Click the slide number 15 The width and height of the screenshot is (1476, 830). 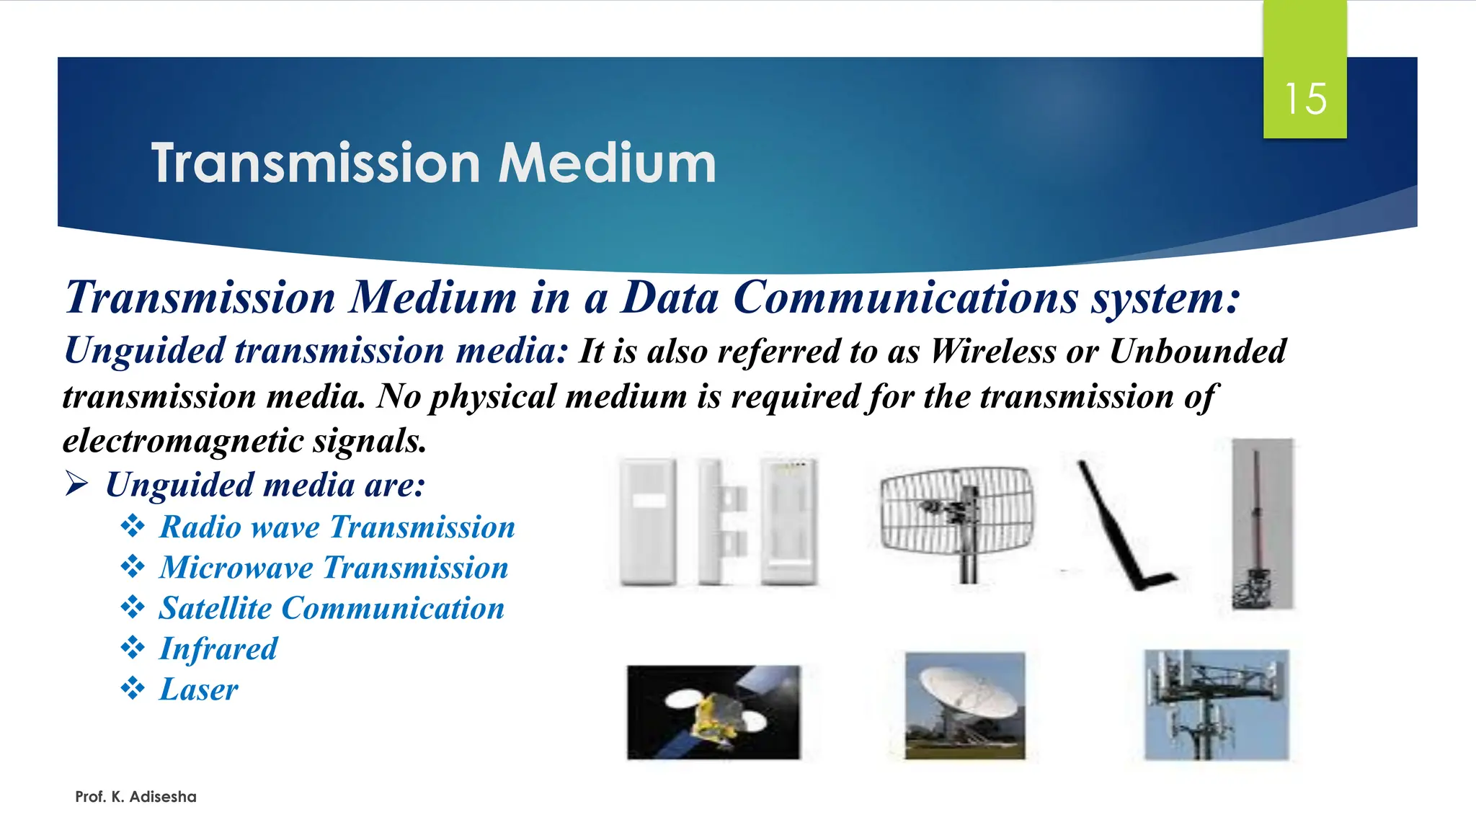[1304, 99]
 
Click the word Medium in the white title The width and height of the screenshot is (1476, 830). [607, 164]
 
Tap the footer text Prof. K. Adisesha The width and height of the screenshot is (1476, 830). [135, 797]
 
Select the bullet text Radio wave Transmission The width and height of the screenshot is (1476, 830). [337, 527]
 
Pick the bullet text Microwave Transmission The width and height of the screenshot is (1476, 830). [334, 568]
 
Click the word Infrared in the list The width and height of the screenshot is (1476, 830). [218, 649]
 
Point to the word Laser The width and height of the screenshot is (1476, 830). [198, 690]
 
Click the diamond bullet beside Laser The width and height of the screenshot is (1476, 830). [133, 688]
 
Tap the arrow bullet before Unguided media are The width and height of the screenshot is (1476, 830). [76, 483]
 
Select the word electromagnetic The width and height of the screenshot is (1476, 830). [182, 441]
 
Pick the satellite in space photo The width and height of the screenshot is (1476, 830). [713, 712]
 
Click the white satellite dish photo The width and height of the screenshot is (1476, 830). [964, 705]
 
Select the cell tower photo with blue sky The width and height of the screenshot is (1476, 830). [1216, 705]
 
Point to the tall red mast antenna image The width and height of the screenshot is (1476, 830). [1261, 524]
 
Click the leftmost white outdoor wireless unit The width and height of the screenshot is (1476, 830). [648, 521]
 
